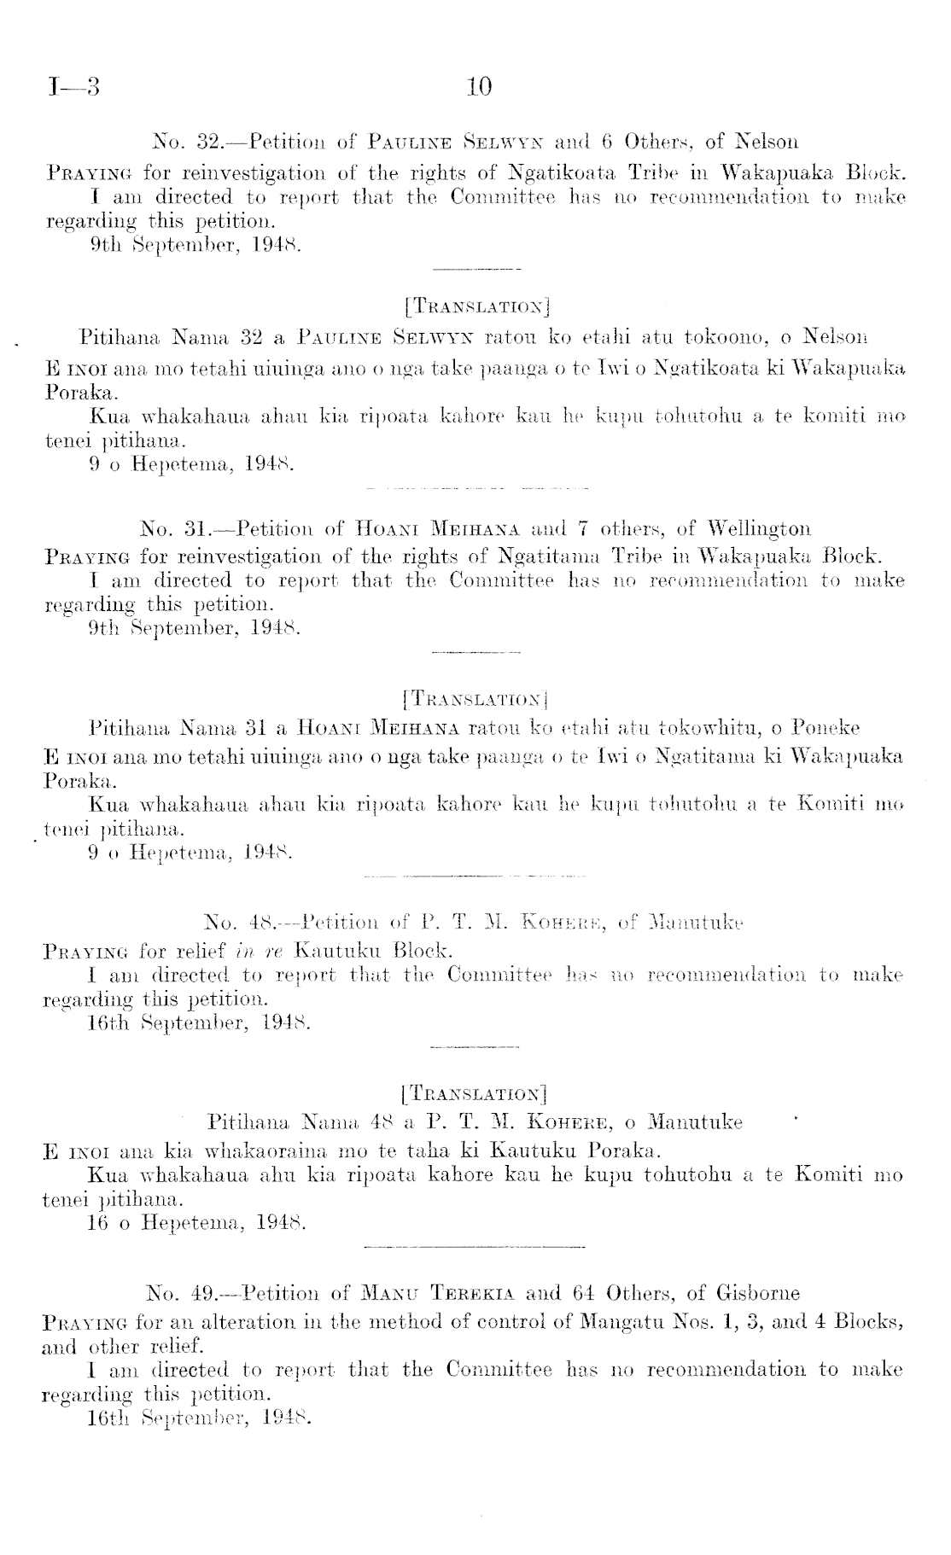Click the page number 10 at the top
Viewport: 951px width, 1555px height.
tap(480, 87)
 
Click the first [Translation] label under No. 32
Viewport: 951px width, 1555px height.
tap(476, 303)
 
